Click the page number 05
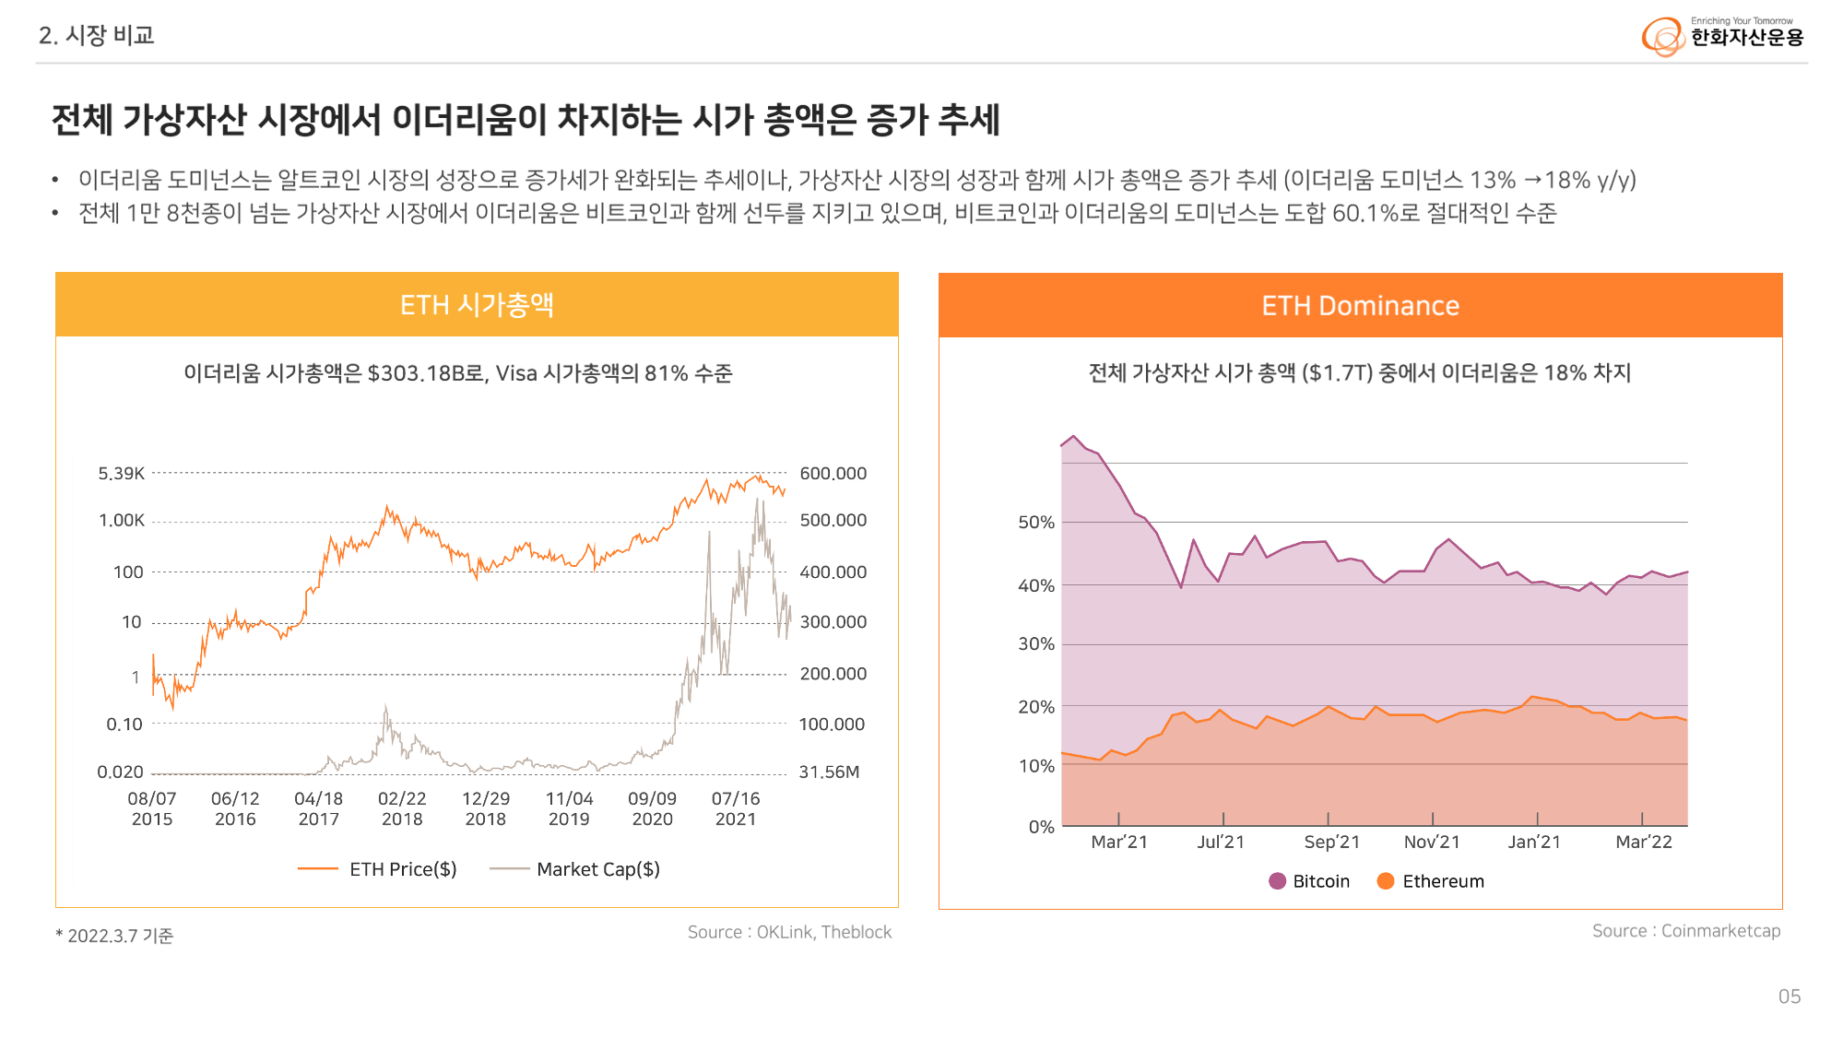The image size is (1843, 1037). [x=1789, y=996]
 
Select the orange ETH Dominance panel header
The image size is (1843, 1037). [x=1360, y=305]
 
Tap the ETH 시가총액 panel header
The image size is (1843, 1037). [x=477, y=304]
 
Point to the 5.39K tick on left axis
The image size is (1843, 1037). [x=122, y=474]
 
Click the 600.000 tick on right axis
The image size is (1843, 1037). [x=833, y=474]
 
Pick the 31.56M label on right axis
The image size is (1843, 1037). [x=829, y=772]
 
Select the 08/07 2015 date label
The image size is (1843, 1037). [x=152, y=808]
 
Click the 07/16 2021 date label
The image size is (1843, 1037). [x=736, y=808]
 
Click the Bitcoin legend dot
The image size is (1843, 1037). [x=1277, y=881]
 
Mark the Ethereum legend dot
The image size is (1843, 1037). [x=1385, y=881]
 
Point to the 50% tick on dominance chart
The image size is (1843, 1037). [x=1035, y=523]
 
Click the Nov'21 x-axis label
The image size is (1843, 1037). [x=1432, y=842]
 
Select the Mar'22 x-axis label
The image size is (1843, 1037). [x=1643, y=842]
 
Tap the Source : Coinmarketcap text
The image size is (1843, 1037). [x=1686, y=931]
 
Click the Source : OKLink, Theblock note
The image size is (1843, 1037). [x=789, y=932]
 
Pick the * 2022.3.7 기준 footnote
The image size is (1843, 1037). [x=114, y=936]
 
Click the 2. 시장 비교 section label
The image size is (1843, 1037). [x=96, y=35]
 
